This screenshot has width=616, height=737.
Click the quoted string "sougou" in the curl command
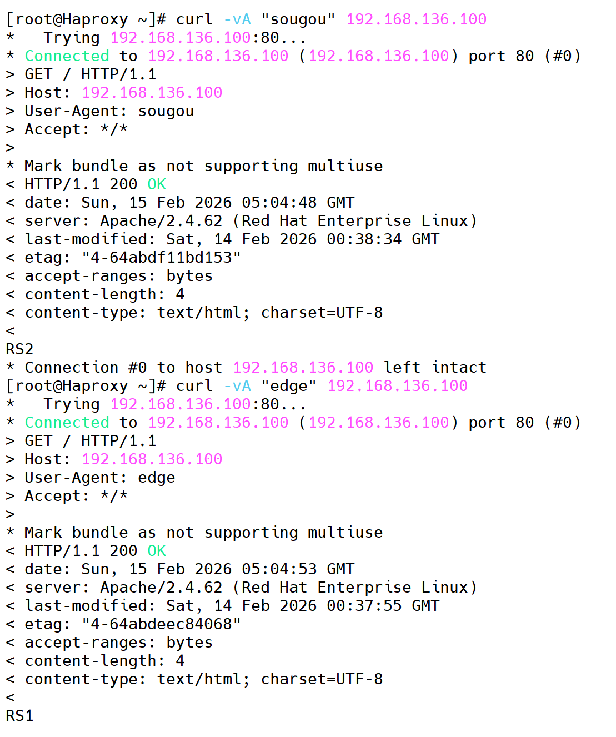[298, 19]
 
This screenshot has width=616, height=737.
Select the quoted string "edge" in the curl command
[289, 386]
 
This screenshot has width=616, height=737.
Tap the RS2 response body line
[19, 349]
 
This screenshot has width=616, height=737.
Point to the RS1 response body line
[19, 716]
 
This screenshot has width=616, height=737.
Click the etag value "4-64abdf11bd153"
[161, 258]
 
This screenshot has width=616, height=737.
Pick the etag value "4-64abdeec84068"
[161, 624]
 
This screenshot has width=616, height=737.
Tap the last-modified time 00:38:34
[364, 239]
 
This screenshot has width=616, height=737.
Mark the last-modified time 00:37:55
[364, 606]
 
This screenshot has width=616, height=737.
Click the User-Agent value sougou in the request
[166, 111]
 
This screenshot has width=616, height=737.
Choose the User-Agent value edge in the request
[157, 478]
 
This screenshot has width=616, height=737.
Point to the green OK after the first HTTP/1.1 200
[157, 184]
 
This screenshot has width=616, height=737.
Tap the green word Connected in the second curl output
[67, 423]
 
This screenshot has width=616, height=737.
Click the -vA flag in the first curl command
[237, 19]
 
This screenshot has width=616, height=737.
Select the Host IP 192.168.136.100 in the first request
[152, 93]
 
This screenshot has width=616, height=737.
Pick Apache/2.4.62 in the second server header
[161, 588]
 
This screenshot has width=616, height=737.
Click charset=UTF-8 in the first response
[322, 313]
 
